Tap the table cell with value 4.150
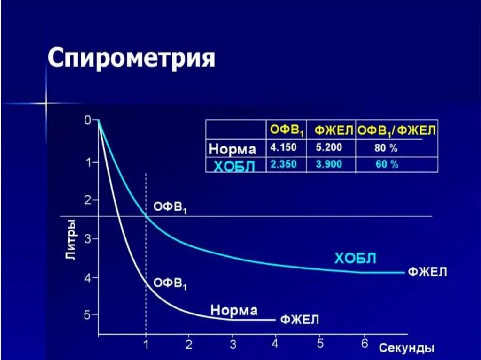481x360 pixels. point(284,147)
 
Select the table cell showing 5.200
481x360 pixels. point(329,147)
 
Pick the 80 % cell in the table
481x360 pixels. point(386,148)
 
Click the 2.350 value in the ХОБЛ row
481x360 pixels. point(284,164)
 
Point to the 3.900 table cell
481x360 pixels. point(329,164)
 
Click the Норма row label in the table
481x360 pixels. point(233,149)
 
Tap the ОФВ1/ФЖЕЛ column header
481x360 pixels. point(397,130)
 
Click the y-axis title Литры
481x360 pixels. point(70,238)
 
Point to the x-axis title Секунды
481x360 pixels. point(407,348)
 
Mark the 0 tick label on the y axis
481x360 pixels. point(87,120)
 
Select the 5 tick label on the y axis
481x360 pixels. point(87,314)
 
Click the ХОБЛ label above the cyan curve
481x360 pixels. point(355,258)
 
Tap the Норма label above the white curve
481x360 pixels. point(234,310)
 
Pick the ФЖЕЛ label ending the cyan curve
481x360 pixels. point(427,272)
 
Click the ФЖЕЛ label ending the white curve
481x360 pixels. point(300,320)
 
